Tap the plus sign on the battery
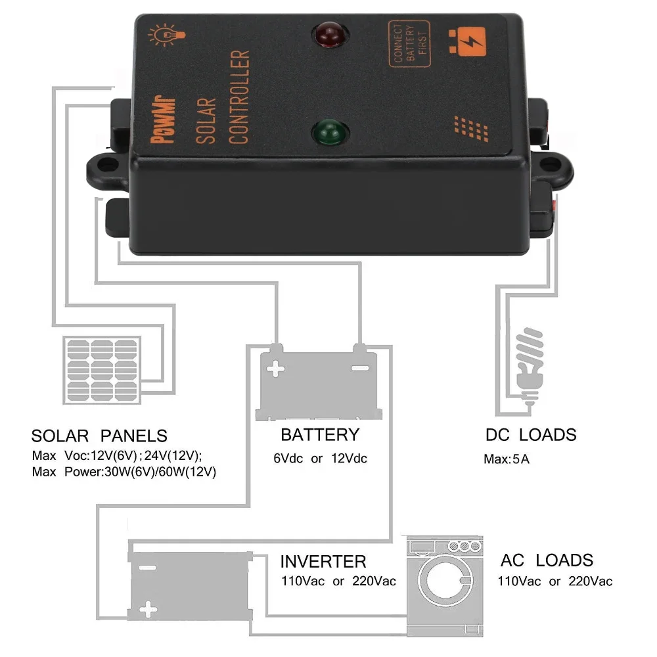pyautogui.click(x=277, y=369)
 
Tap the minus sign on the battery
pyautogui.click(x=360, y=367)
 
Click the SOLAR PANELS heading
pyautogui.click(x=99, y=436)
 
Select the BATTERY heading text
pyautogui.click(x=320, y=434)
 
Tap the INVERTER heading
pyautogui.click(x=323, y=562)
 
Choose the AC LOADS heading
pyautogui.click(x=547, y=560)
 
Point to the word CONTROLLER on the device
pyautogui.click(x=240, y=97)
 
